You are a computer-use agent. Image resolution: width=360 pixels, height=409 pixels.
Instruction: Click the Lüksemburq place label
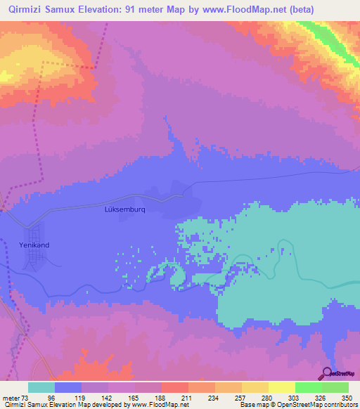pos(124,209)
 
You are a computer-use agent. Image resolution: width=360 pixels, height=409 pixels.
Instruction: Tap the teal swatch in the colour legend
pos(41,387)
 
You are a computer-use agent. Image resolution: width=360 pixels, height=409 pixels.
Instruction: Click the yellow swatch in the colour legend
pos(282,387)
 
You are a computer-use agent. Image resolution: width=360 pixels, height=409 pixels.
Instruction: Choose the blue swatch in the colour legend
pos(68,387)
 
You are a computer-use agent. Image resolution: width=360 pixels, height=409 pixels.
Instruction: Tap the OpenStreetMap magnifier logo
pos(328,375)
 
